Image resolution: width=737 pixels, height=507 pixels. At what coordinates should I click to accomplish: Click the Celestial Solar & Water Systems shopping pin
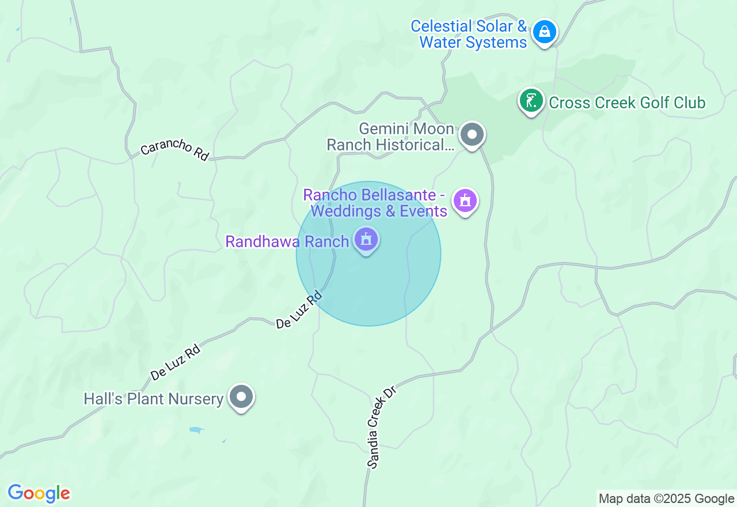pyautogui.click(x=544, y=32)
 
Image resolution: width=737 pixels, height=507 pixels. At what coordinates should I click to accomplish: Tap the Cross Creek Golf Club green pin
pyautogui.click(x=531, y=101)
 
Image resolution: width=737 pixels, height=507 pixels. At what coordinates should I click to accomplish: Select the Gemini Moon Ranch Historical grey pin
pyautogui.click(x=472, y=135)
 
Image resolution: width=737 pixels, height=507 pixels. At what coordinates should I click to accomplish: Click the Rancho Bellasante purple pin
pyautogui.click(x=465, y=201)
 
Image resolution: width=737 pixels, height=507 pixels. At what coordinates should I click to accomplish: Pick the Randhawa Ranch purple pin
pyautogui.click(x=366, y=239)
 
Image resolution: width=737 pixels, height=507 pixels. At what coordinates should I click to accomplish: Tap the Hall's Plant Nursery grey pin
pyautogui.click(x=241, y=397)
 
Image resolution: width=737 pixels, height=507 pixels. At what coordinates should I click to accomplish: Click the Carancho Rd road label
pyautogui.click(x=174, y=150)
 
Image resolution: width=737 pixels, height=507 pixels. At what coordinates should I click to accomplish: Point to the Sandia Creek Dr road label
pyautogui.click(x=382, y=426)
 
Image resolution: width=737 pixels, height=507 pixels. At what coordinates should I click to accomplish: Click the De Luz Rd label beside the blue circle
pyautogui.click(x=298, y=311)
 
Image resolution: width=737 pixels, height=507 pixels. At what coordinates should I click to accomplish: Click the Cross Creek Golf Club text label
pyautogui.click(x=627, y=103)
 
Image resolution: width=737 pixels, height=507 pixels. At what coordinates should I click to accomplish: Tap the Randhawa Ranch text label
pyautogui.click(x=287, y=241)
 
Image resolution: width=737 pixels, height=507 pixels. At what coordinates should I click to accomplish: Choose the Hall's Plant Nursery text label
pyautogui.click(x=153, y=399)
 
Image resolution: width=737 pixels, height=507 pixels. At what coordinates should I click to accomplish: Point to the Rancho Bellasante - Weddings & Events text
pyautogui.click(x=378, y=203)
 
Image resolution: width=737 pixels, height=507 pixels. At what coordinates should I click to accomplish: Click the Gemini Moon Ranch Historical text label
pyautogui.click(x=392, y=137)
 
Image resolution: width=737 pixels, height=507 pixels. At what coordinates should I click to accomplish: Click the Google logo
pyautogui.click(x=39, y=493)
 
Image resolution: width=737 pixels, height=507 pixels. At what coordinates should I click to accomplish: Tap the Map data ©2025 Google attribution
pyautogui.click(x=666, y=499)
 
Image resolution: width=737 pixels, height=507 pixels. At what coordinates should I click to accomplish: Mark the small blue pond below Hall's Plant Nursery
pyautogui.click(x=197, y=430)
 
